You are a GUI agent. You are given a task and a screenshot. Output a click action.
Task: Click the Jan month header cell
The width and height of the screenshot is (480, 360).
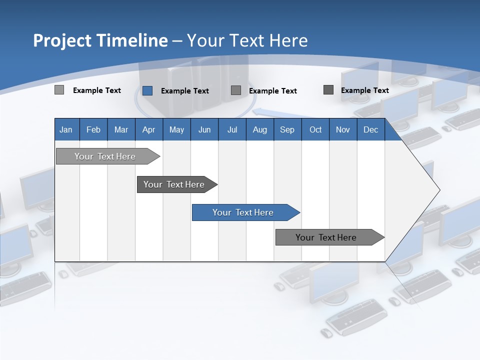pos(66,129)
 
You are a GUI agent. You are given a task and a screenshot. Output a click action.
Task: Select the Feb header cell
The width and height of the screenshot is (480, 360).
pos(93,129)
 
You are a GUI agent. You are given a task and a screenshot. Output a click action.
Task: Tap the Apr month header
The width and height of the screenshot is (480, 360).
pos(149,129)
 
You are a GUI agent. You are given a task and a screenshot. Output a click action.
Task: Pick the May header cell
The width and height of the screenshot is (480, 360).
pos(176,129)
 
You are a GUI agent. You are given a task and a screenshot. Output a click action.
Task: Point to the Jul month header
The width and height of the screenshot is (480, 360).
pos(232,129)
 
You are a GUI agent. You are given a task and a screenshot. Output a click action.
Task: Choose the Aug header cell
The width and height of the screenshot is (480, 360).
pos(260,129)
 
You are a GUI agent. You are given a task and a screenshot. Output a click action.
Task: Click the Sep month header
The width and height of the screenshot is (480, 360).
pos(287,129)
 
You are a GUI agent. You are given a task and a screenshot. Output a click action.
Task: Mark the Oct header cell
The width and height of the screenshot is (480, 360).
pos(315,129)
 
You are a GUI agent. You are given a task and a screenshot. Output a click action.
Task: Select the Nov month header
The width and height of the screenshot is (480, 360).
pos(343,129)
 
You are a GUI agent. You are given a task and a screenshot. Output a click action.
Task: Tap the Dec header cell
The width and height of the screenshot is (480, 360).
pos(371,129)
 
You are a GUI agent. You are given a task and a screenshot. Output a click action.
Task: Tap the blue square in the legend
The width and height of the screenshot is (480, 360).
pos(147,90)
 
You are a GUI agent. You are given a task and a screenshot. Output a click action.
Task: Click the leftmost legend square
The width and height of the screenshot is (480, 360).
pos(59,90)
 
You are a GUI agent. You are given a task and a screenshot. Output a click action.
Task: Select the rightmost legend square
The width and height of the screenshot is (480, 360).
pos(328,90)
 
